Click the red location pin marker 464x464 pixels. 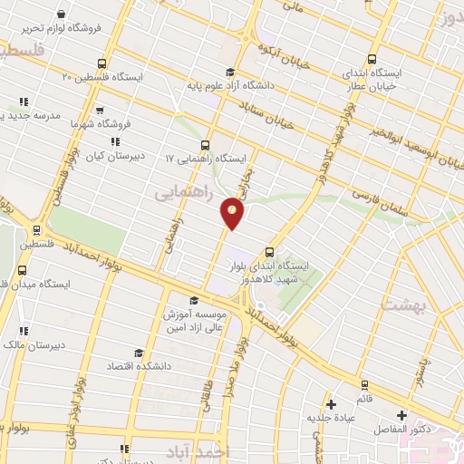233,214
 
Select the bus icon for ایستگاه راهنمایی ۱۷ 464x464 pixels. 206,144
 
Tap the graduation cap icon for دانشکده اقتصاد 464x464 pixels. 139,353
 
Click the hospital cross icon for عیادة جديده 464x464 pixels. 332,403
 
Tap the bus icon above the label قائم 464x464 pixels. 364,384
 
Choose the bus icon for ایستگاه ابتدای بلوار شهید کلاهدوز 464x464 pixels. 268,253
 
